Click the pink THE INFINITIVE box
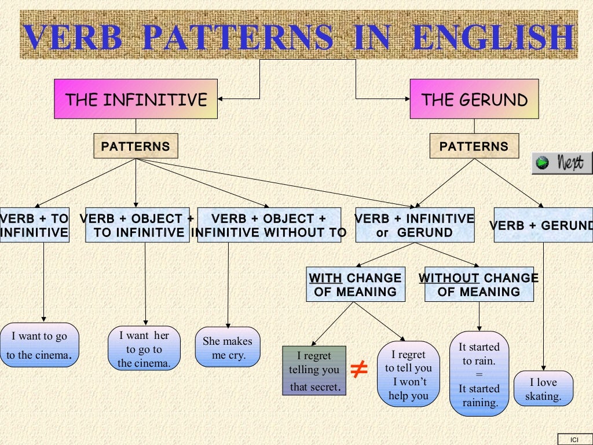click(136, 99)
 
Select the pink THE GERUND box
click(474, 99)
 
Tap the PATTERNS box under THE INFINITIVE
click(136, 146)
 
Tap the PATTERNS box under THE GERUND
click(474, 146)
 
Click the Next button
click(562, 163)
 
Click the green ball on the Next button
click(542, 163)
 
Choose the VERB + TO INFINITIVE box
click(34, 225)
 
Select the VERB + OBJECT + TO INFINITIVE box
click(137, 225)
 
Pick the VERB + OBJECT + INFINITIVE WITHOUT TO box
click(269, 225)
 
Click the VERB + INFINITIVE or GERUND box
click(415, 225)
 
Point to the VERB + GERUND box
click(543, 225)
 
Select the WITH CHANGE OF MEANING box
click(355, 284)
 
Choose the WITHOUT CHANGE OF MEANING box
click(479, 284)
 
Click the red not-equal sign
click(360, 369)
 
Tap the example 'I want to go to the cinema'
click(39, 345)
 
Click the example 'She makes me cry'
click(228, 348)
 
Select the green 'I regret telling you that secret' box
click(314, 371)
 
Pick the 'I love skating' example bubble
click(543, 389)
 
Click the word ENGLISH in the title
click(493, 38)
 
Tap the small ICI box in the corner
click(574, 439)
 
